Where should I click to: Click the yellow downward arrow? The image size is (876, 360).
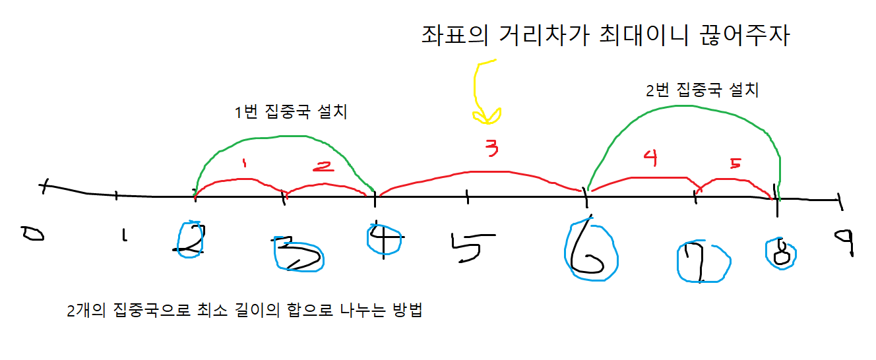click(x=485, y=92)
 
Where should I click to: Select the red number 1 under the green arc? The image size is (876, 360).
click(x=244, y=162)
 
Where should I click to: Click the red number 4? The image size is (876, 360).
click(x=650, y=159)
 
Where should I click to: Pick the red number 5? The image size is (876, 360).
click(x=735, y=163)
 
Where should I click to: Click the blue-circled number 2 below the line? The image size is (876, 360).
click(x=191, y=239)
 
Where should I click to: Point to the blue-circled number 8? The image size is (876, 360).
click(x=780, y=252)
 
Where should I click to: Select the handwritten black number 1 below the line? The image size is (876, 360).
click(x=123, y=235)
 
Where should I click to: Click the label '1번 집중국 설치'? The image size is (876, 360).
click(x=291, y=112)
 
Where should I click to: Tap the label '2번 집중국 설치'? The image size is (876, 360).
click(x=702, y=90)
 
